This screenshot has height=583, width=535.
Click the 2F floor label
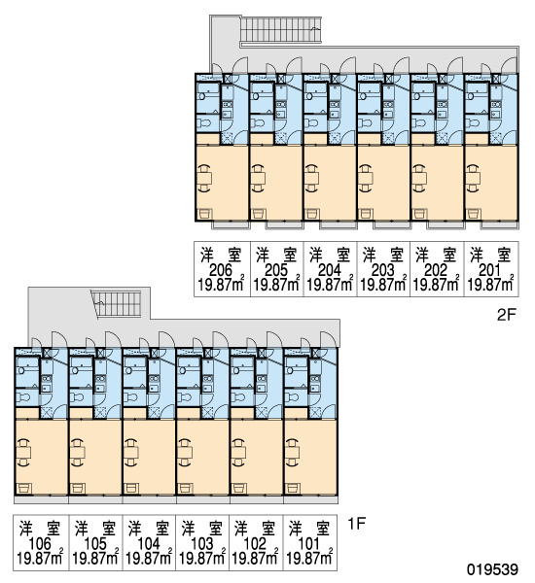[x=507, y=315]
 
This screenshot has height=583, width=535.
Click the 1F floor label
[x=356, y=524]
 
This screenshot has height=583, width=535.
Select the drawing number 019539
[x=493, y=569]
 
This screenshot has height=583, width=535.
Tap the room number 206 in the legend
[x=221, y=270]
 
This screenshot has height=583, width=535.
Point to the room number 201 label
[x=489, y=270]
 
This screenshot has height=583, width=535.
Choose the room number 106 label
[x=40, y=544]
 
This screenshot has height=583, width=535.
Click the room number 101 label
[x=309, y=544]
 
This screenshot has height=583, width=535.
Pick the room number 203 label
[x=382, y=270]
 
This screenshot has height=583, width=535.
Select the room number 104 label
[x=149, y=544]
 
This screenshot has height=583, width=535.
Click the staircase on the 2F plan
[x=280, y=30]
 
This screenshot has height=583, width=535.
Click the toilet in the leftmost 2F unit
[x=203, y=122]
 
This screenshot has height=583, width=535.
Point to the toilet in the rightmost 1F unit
[x=292, y=397]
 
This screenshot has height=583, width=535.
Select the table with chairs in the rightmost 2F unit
[x=473, y=179]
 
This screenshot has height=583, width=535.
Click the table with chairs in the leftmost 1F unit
[x=23, y=452]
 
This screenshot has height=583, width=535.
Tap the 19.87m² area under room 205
[x=276, y=284]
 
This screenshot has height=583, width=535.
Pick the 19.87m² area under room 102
[x=256, y=558]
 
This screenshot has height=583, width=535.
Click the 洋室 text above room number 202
[x=436, y=255]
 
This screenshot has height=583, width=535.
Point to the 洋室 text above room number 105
[x=95, y=529]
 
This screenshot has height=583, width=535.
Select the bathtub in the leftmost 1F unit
[x=28, y=367]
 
